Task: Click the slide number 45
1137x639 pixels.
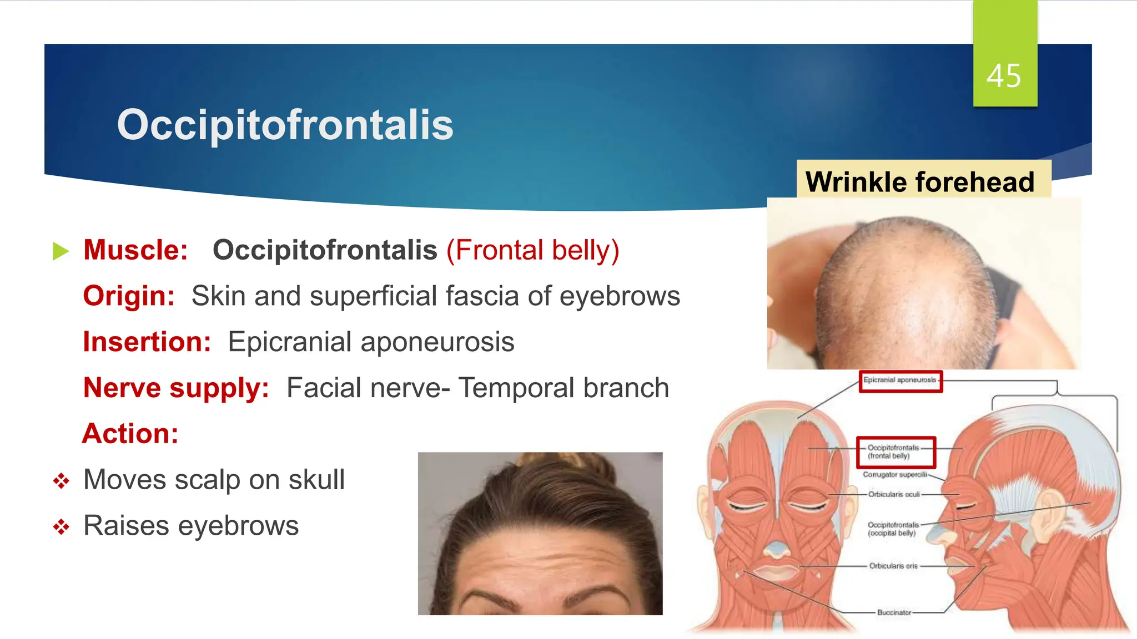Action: pos(1004,76)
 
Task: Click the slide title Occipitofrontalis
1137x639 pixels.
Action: pos(285,125)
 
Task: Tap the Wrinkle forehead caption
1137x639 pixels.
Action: pos(920,182)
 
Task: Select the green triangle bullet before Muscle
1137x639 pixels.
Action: pos(61,251)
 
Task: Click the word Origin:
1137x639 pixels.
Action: pos(129,296)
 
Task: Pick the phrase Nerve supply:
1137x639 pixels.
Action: pos(176,388)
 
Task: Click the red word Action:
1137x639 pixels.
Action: pos(130,433)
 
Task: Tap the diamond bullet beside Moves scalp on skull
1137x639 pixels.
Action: pos(61,480)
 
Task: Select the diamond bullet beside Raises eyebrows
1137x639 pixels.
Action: pos(61,526)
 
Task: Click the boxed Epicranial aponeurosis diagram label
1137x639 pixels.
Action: pos(900,381)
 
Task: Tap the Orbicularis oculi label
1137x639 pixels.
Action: pos(894,494)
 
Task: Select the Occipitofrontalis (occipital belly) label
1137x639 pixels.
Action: pos(893,529)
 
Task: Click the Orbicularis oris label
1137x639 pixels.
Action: pos(893,566)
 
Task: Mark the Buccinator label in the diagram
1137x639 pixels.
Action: pos(894,613)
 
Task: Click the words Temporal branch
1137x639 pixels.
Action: pos(564,388)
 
